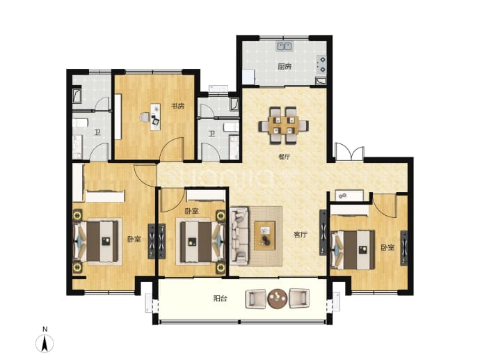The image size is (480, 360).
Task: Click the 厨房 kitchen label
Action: coord(285,66)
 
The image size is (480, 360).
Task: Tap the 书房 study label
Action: coord(177,107)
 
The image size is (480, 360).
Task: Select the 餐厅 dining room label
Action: coord(284,157)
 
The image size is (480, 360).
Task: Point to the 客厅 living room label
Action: coord(300,235)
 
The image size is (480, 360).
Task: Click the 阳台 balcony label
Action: coord(220,299)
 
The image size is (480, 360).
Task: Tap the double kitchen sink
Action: coord(285,46)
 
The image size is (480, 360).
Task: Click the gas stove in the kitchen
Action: coord(321,64)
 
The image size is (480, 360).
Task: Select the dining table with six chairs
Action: coord(283,125)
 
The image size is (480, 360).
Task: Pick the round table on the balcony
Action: coord(278,299)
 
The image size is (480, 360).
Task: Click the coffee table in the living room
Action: coord(265,236)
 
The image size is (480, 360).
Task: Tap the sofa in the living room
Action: coord(239,235)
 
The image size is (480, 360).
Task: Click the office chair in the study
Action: coord(145,118)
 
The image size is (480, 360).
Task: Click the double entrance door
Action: coord(349,152)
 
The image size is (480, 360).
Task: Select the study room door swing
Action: coord(172,149)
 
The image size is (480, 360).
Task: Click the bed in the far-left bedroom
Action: coord(96,242)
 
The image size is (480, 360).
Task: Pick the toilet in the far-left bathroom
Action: coord(80,123)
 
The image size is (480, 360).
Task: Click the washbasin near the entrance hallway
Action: coord(349,195)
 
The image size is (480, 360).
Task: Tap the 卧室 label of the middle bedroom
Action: coord(191,211)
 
